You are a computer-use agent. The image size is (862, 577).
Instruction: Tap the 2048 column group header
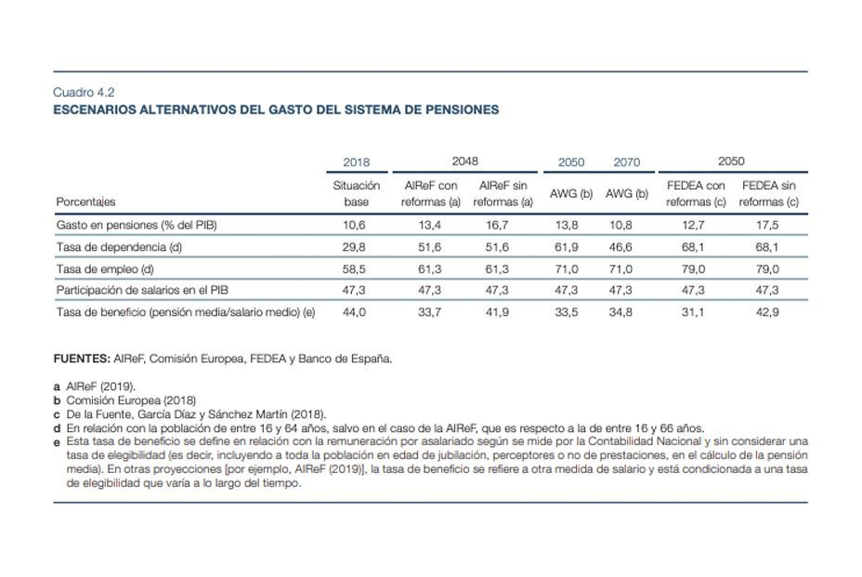click(x=464, y=162)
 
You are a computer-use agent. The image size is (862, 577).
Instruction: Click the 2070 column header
click(x=626, y=163)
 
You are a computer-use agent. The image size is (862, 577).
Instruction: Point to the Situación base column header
click(x=356, y=193)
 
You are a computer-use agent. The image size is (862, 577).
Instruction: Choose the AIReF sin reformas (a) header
click(x=502, y=193)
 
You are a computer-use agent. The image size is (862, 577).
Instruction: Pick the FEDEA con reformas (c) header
click(x=696, y=193)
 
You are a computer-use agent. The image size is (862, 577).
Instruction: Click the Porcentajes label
click(x=86, y=202)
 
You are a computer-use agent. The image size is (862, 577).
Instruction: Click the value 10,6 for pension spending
click(x=356, y=225)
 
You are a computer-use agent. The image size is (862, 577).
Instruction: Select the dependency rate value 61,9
click(x=571, y=247)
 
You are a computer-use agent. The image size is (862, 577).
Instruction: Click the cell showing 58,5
click(x=356, y=269)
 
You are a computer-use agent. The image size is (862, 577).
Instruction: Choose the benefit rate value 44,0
click(x=356, y=313)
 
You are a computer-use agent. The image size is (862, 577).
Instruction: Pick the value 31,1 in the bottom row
click(x=696, y=313)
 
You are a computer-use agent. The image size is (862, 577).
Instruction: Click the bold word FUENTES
click(x=81, y=357)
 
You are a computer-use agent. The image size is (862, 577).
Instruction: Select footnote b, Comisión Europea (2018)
click(x=129, y=400)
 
